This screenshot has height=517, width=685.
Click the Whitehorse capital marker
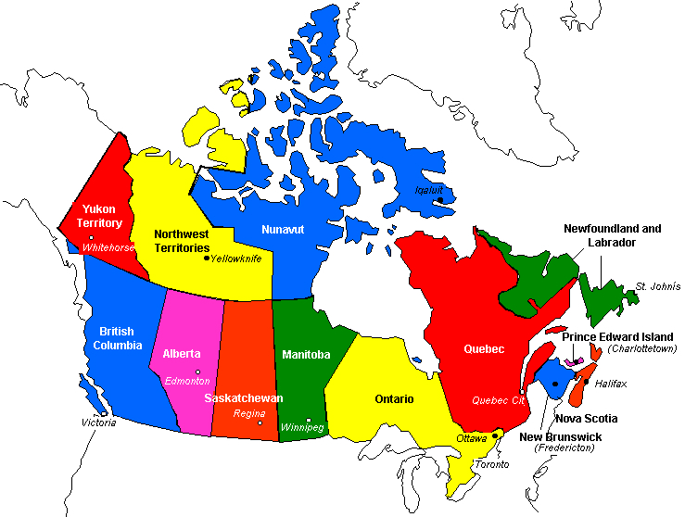(91, 239)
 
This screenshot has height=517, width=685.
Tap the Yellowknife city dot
(206, 258)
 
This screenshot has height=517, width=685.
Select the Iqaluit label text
(429, 190)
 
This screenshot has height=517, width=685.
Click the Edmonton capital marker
(197, 372)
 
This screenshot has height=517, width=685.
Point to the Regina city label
(249, 413)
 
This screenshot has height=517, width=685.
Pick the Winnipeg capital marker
(308, 420)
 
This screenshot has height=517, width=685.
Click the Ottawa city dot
(495, 435)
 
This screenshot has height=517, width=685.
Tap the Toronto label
(491, 463)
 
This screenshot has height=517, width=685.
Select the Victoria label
(99, 422)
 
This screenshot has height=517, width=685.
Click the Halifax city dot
(586, 381)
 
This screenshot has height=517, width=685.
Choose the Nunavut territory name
(283, 229)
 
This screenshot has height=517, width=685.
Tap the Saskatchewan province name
(243, 397)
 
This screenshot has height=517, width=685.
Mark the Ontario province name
(394, 399)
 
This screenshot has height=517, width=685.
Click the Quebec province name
(484, 349)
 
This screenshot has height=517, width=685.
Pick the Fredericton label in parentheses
(564, 448)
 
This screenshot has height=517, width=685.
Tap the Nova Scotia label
(586, 419)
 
